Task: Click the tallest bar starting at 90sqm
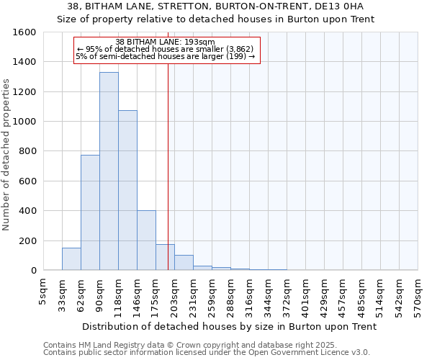pyautogui.click(x=109, y=171)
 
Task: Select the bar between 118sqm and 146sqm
pyautogui.click(x=127, y=190)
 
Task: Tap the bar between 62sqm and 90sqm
pyautogui.click(x=90, y=212)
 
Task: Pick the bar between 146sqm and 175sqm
pyautogui.click(x=146, y=240)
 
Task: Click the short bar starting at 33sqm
pyautogui.click(x=71, y=259)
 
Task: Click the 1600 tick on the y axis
pyautogui.click(x=24, y=32)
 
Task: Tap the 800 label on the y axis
pyautogui.click(x=27, y=151)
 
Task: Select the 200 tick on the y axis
pyautogui.click(x=27, y=240)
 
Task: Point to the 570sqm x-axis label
pyautogui.click(x=418, y=298)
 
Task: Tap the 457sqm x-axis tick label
pyautogui.click(x=343, y=298)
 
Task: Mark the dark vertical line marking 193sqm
pyautogui.click(x=168, y=166)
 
